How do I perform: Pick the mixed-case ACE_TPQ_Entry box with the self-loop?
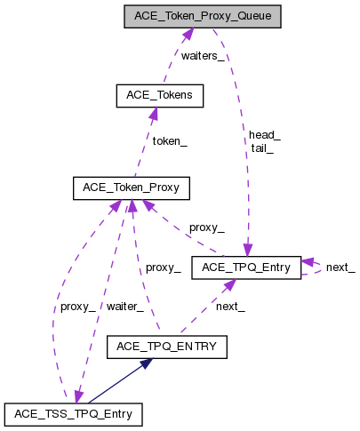(x=246, y=267)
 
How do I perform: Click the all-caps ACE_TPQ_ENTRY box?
(x=166, y=347)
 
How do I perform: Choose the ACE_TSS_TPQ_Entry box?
(x=72, y=413)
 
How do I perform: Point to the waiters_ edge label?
(x=203, y=55)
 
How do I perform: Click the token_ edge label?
(x=168, y=140)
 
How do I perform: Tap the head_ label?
(x=264, y=135)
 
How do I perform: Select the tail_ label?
(x=262, y=148)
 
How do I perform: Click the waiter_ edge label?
(x=124, y=306)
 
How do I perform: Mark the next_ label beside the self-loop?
(x=340, y=267)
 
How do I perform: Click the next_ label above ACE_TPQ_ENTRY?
(x=230, y=306)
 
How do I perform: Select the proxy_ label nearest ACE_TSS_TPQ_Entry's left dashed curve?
(x=77, y=306)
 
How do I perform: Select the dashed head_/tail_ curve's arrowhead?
(x=248, y=250)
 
